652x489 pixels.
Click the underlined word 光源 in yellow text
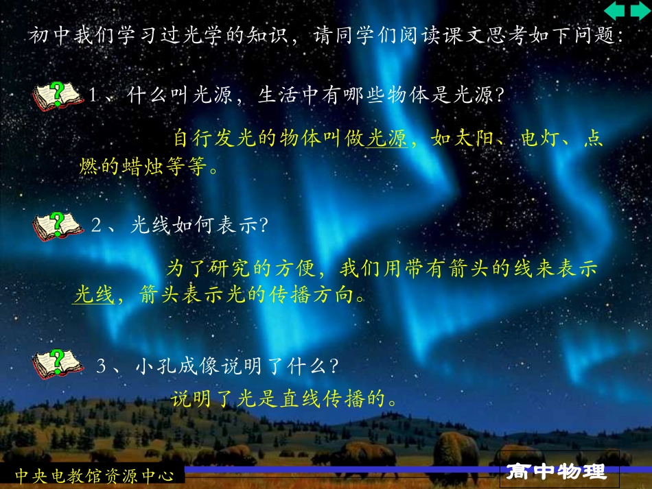coord(386,140)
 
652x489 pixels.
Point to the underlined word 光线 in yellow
coord(93,296)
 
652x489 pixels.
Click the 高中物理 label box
coord(557,472)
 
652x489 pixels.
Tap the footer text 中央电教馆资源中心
coord(95,475)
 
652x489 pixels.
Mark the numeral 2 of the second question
coord(97,226)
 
